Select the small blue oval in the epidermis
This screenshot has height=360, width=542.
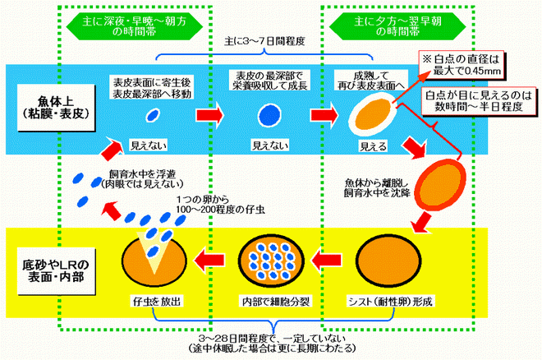click(x=152, y=114)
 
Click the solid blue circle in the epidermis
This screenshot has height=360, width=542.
click(x=268, y=113)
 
